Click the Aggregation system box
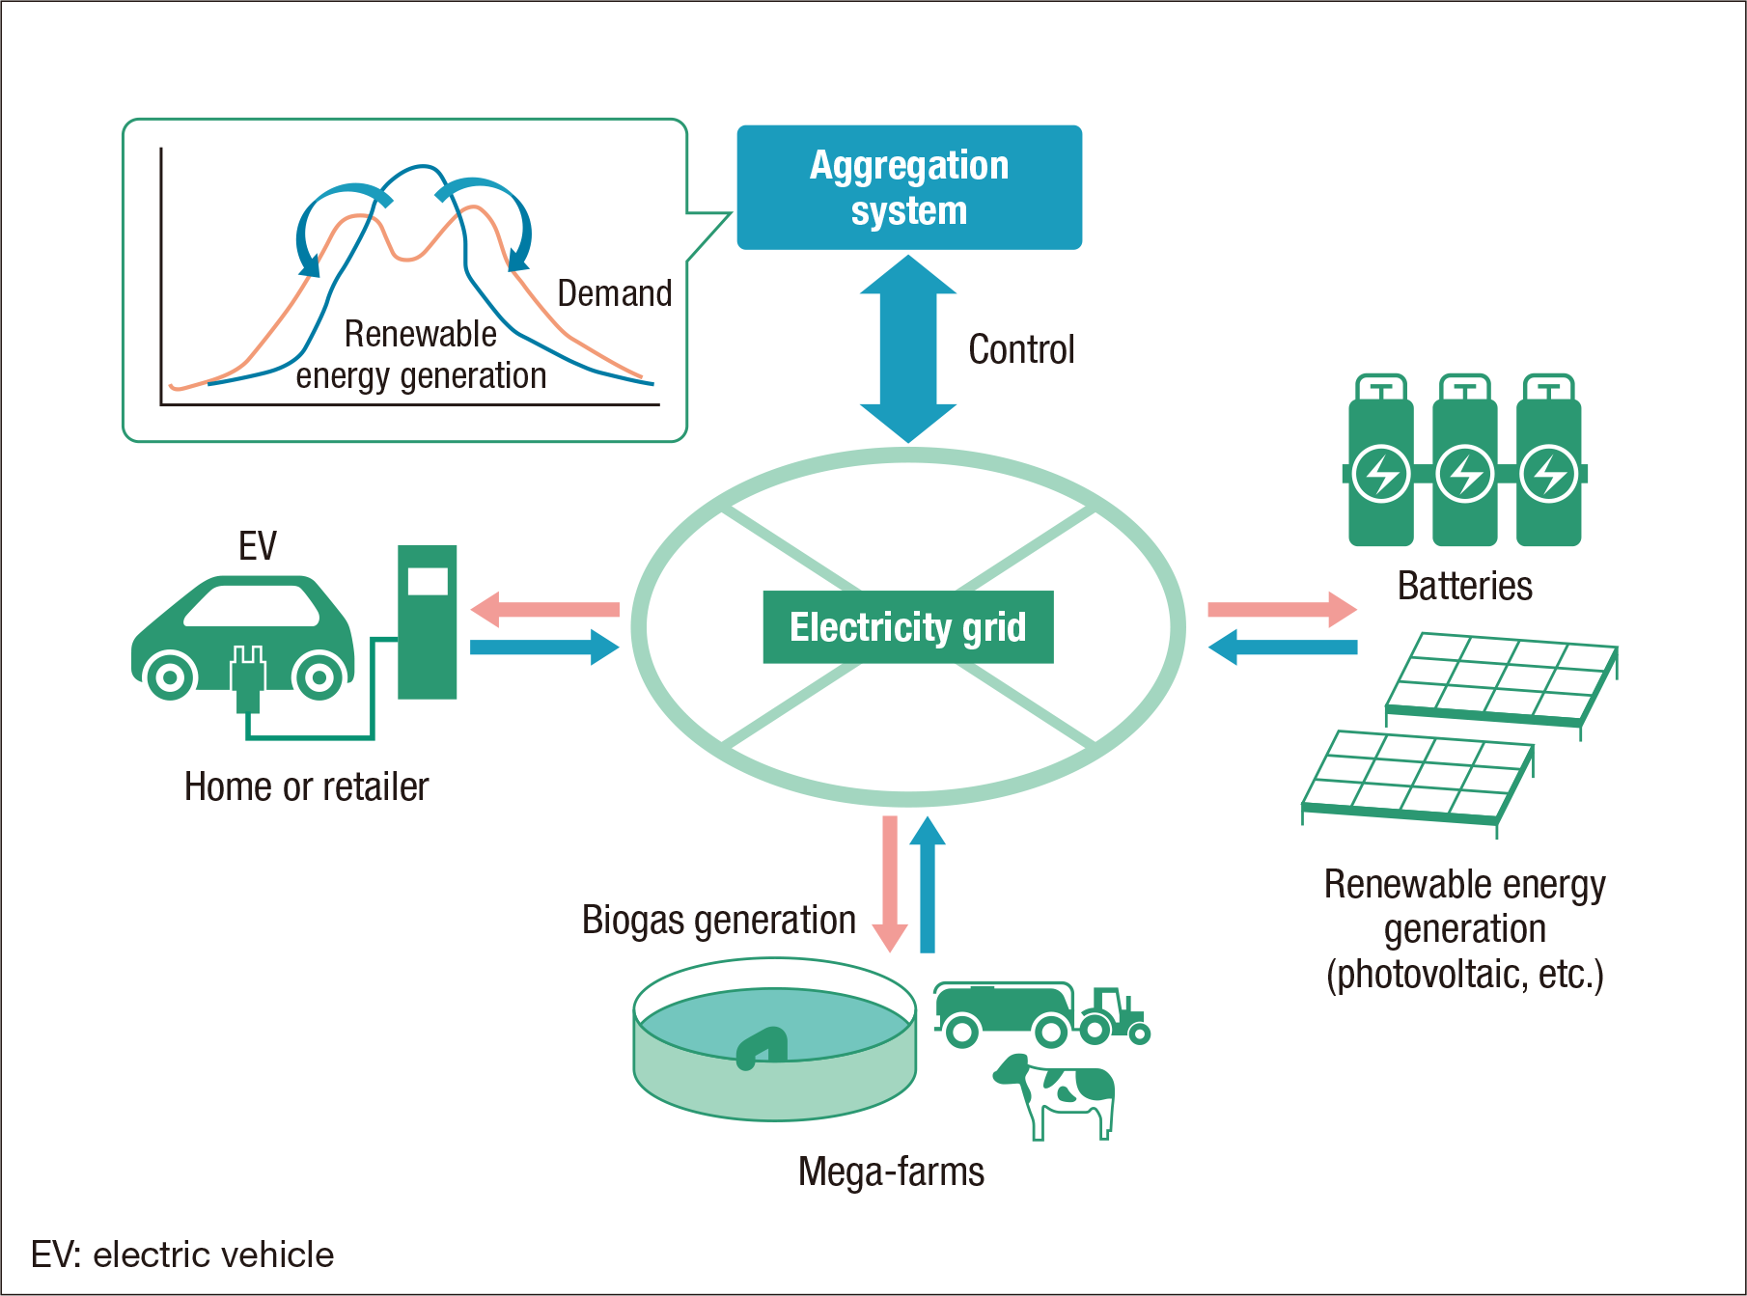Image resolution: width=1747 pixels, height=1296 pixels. pos(908,187)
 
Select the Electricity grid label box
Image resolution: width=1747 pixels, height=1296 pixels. pos(907,627)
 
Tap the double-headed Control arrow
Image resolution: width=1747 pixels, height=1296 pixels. pos(908,348)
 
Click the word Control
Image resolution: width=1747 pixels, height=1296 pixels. pos(1021,349)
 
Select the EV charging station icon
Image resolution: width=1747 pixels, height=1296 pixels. pos(427,621)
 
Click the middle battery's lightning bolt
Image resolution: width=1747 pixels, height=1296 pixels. pos(1464,474)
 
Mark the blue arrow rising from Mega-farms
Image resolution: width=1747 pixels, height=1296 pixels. pos(928,883)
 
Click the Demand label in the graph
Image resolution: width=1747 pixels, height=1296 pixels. pos(615,293)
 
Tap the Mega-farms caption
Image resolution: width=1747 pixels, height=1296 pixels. pos(891,1172)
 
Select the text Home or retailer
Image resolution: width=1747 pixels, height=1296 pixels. pos(306,786)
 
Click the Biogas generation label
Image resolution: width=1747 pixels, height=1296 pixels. pos(718,920)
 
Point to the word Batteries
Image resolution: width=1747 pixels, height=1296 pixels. pos(1464,586)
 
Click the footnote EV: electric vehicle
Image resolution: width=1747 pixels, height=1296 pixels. pos(182,1255)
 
